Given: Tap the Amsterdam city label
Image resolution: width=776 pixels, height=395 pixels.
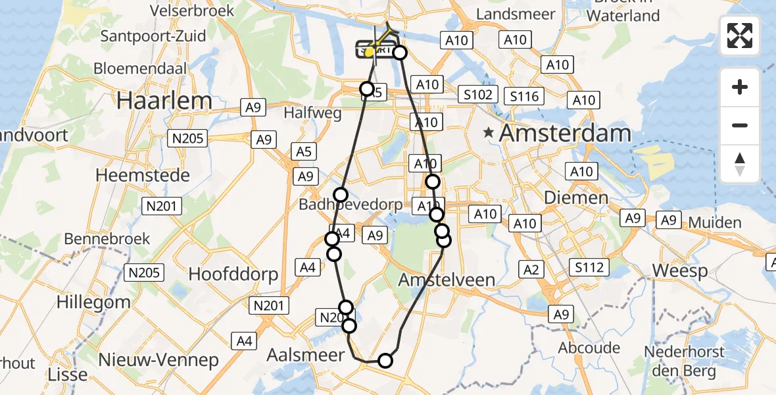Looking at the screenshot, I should [565, 134].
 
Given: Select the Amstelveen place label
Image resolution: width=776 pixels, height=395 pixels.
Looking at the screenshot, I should [447, 280].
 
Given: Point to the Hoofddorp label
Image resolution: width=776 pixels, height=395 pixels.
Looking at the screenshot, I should [233, 274].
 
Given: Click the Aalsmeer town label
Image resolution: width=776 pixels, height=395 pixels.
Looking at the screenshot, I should [305, 355].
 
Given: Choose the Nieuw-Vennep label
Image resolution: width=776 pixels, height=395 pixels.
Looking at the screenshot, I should [158, 360].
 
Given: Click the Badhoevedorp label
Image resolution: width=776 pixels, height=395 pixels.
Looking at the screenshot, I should [351, 205].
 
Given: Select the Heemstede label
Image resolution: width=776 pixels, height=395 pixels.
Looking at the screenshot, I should [143, 176].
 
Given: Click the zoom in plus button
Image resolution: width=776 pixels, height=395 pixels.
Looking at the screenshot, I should [740, 87].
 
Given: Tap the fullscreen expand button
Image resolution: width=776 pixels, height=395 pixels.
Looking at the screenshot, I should [740, 36].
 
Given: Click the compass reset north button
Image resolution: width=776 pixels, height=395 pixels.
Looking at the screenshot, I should [740, 164].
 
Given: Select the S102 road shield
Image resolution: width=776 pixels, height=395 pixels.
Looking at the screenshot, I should [477, 94].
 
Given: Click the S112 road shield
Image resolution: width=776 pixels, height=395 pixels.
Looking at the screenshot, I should [589, 267].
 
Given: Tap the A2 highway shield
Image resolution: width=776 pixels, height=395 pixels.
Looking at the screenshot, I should [531, 269].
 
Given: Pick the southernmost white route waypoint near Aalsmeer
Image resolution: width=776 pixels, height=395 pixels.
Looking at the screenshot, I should [385, 360].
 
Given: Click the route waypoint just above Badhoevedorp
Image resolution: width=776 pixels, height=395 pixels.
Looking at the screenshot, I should [341, 194].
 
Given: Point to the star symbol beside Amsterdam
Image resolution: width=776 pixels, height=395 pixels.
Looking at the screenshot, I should [488, 134].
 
